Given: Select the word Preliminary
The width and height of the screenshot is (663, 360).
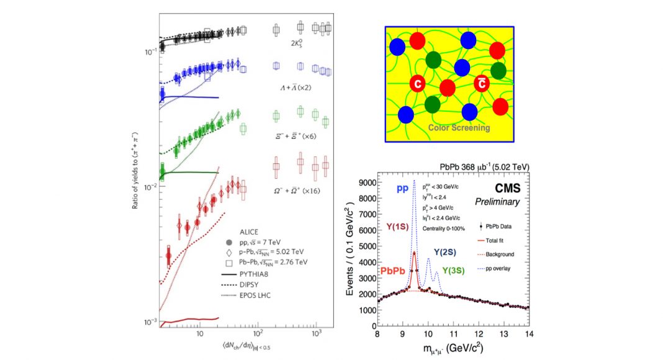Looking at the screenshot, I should (497, 202).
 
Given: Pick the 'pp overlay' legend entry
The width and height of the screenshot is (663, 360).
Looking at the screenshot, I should (502, 268).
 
